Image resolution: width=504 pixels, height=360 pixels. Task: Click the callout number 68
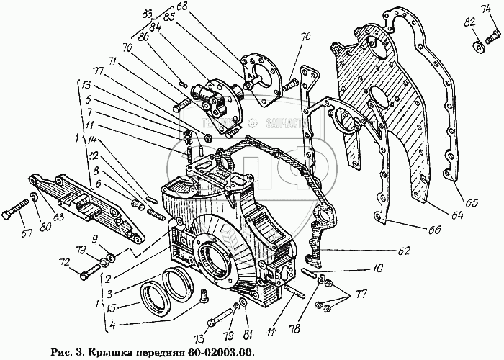coord(181,6)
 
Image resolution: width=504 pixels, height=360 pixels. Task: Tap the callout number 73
coord(199,338)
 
